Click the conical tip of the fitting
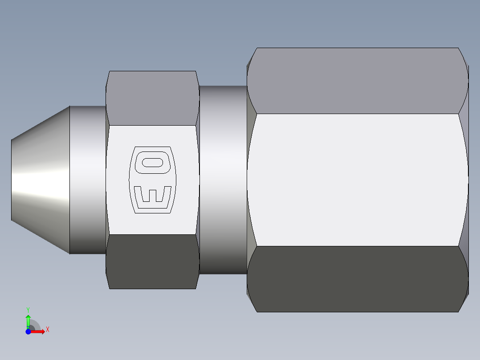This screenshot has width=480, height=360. coord(40,180)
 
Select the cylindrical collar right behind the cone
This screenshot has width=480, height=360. coord(88,180)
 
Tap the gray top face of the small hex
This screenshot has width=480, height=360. coord(152,98)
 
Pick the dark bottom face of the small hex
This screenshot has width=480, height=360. coord(152,262)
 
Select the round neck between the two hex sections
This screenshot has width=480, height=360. coord(223,180)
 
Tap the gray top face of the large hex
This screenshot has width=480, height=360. coord(356,80)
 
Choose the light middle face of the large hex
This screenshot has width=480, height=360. coord(356,180)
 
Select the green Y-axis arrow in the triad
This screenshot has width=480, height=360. coord(28,320)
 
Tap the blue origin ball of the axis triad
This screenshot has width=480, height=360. coord(28,331)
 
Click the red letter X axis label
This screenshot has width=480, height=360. coord(47,330)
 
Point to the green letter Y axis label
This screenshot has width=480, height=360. coord(28,309)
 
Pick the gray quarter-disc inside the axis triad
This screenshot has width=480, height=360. coord(34,326)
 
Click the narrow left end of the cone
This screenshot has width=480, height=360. coord(12,180)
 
